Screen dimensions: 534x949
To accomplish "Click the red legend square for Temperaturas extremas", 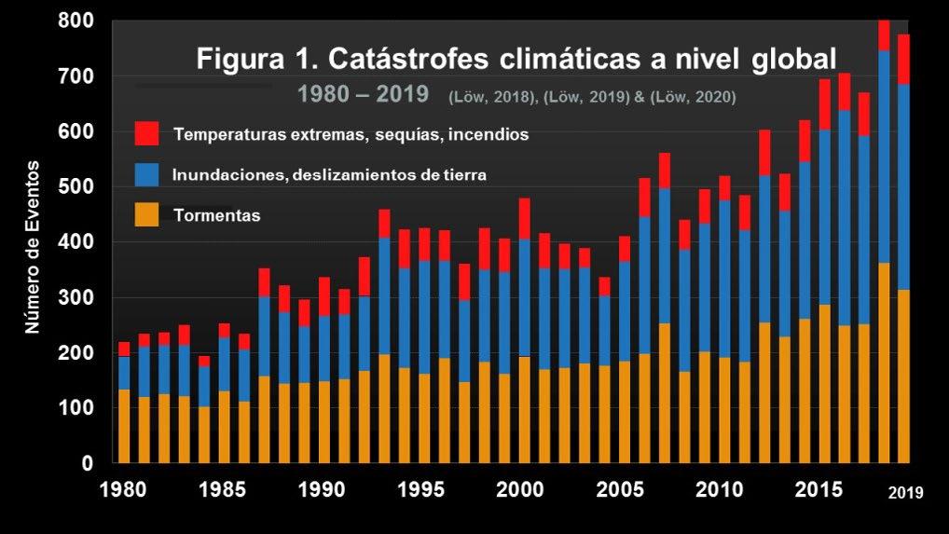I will click(x=146, y=133).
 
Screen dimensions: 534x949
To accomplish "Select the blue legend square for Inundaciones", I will click(x=146, y=174).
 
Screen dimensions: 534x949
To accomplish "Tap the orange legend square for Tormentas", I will click(x=146, y=216).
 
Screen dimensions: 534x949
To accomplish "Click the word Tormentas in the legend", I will click(x=216, y=216).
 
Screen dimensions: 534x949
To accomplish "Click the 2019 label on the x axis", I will click(x=903, y=492).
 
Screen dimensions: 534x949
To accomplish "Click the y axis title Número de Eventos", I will click(x=33, y=247).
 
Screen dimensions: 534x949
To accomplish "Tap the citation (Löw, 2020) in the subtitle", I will click(x=696, y=96).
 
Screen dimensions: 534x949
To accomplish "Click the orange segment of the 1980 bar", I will click(x=124, y=427).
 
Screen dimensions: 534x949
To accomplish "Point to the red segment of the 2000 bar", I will click(x=524, y=218).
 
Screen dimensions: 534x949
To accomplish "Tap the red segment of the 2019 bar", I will click(x=903, y=59).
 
